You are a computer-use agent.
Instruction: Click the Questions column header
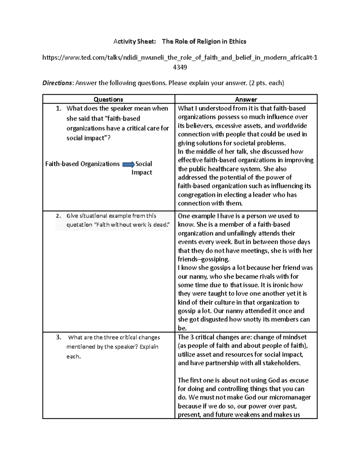point(108,99)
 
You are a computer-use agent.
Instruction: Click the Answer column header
point(246,99)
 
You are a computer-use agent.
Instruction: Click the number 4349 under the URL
point(180,67)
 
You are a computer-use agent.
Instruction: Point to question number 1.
point(59,108)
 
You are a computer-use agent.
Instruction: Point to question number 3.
point(59,337)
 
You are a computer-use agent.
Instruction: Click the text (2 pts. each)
point(266,83)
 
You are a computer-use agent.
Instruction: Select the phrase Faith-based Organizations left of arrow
point(82,164)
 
